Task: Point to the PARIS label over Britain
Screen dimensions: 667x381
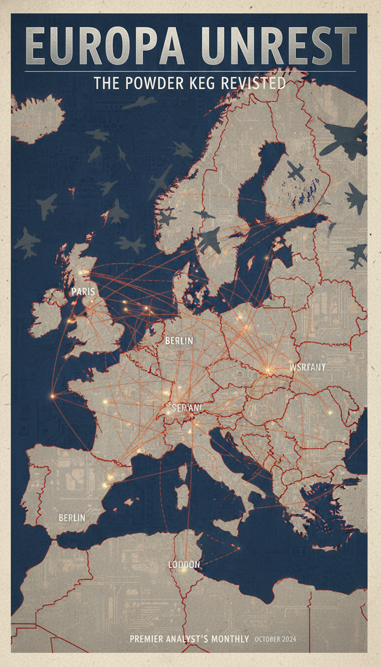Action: point(83,291)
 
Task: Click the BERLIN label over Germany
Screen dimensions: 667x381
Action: point(179,341)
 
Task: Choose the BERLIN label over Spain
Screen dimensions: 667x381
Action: point(72,518)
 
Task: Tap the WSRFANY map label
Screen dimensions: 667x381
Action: point(307,367)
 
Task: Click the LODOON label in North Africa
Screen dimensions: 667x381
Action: point(184,565)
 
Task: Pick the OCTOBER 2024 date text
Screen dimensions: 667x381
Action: point(275,639)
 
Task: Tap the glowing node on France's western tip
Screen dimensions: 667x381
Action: point(52,396)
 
